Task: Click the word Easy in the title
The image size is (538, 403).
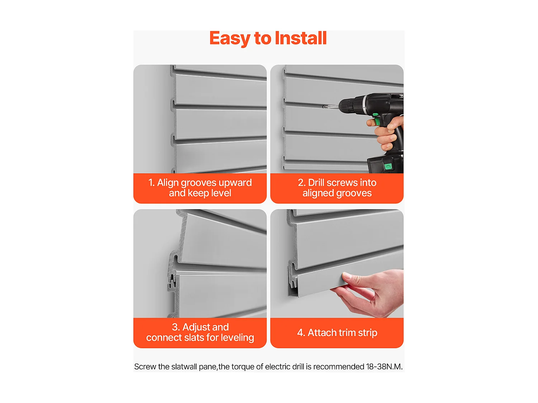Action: click(x=230, y=38)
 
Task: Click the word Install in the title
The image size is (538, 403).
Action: click(x=301, y=38)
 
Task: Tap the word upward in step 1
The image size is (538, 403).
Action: click(x=235, y=183)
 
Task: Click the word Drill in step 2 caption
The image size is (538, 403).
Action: click(x=316, y=183)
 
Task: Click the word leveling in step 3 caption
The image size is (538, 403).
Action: click(x=237, y=337)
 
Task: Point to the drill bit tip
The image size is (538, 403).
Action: click(x=325, y=106)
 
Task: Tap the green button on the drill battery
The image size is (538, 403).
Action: click(x=387, y=166)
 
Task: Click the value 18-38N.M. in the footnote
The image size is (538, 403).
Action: click(x=384, y=367)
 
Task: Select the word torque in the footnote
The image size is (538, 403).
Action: click(x=242, y=367)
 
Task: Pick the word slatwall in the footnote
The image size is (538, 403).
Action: click(x=184, y=367)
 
